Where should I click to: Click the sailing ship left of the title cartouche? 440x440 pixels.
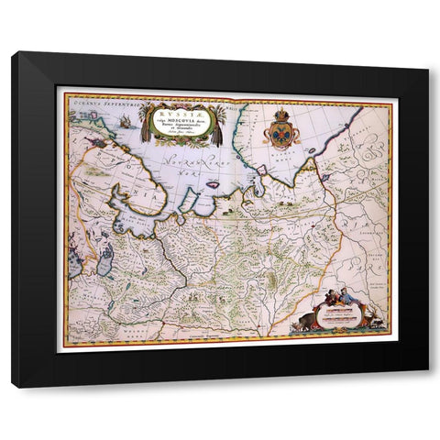pyautogui.click(x=125, y=120)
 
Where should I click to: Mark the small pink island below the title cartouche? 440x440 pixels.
pyautogui.click(x=213, y=183)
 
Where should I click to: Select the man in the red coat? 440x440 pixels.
pyautogui.click(x=340, y=296)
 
